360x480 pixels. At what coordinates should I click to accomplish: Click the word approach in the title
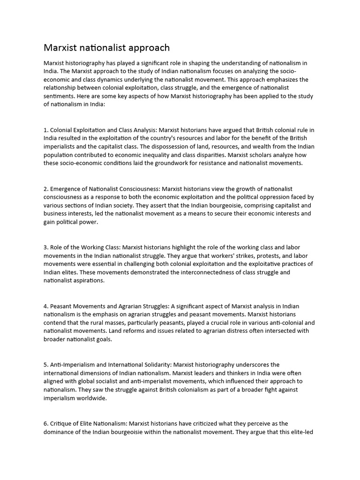click(146, 48)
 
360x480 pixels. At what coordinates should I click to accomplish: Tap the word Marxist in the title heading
click(61, 48)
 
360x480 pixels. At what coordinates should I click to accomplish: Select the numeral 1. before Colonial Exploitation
click(46, 130)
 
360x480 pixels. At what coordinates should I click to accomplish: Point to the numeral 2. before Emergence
click(46, 189)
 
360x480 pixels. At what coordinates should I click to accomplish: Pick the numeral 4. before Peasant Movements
click(46, 306)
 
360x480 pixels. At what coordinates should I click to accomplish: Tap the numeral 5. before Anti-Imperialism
click(46, 364)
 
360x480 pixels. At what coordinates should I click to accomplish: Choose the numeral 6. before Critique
click(46, 423)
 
